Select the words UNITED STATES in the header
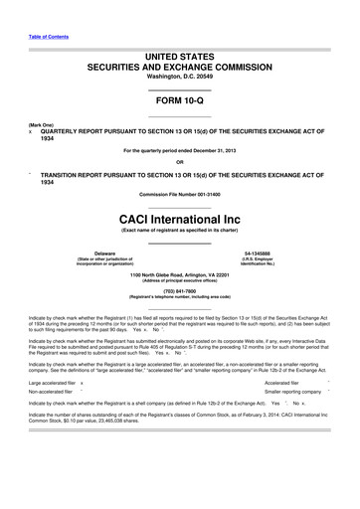coord(180,61)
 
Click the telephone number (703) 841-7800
coord(180,290)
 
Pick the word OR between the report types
coord(180,162)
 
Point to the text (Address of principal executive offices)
coord(180,280)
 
